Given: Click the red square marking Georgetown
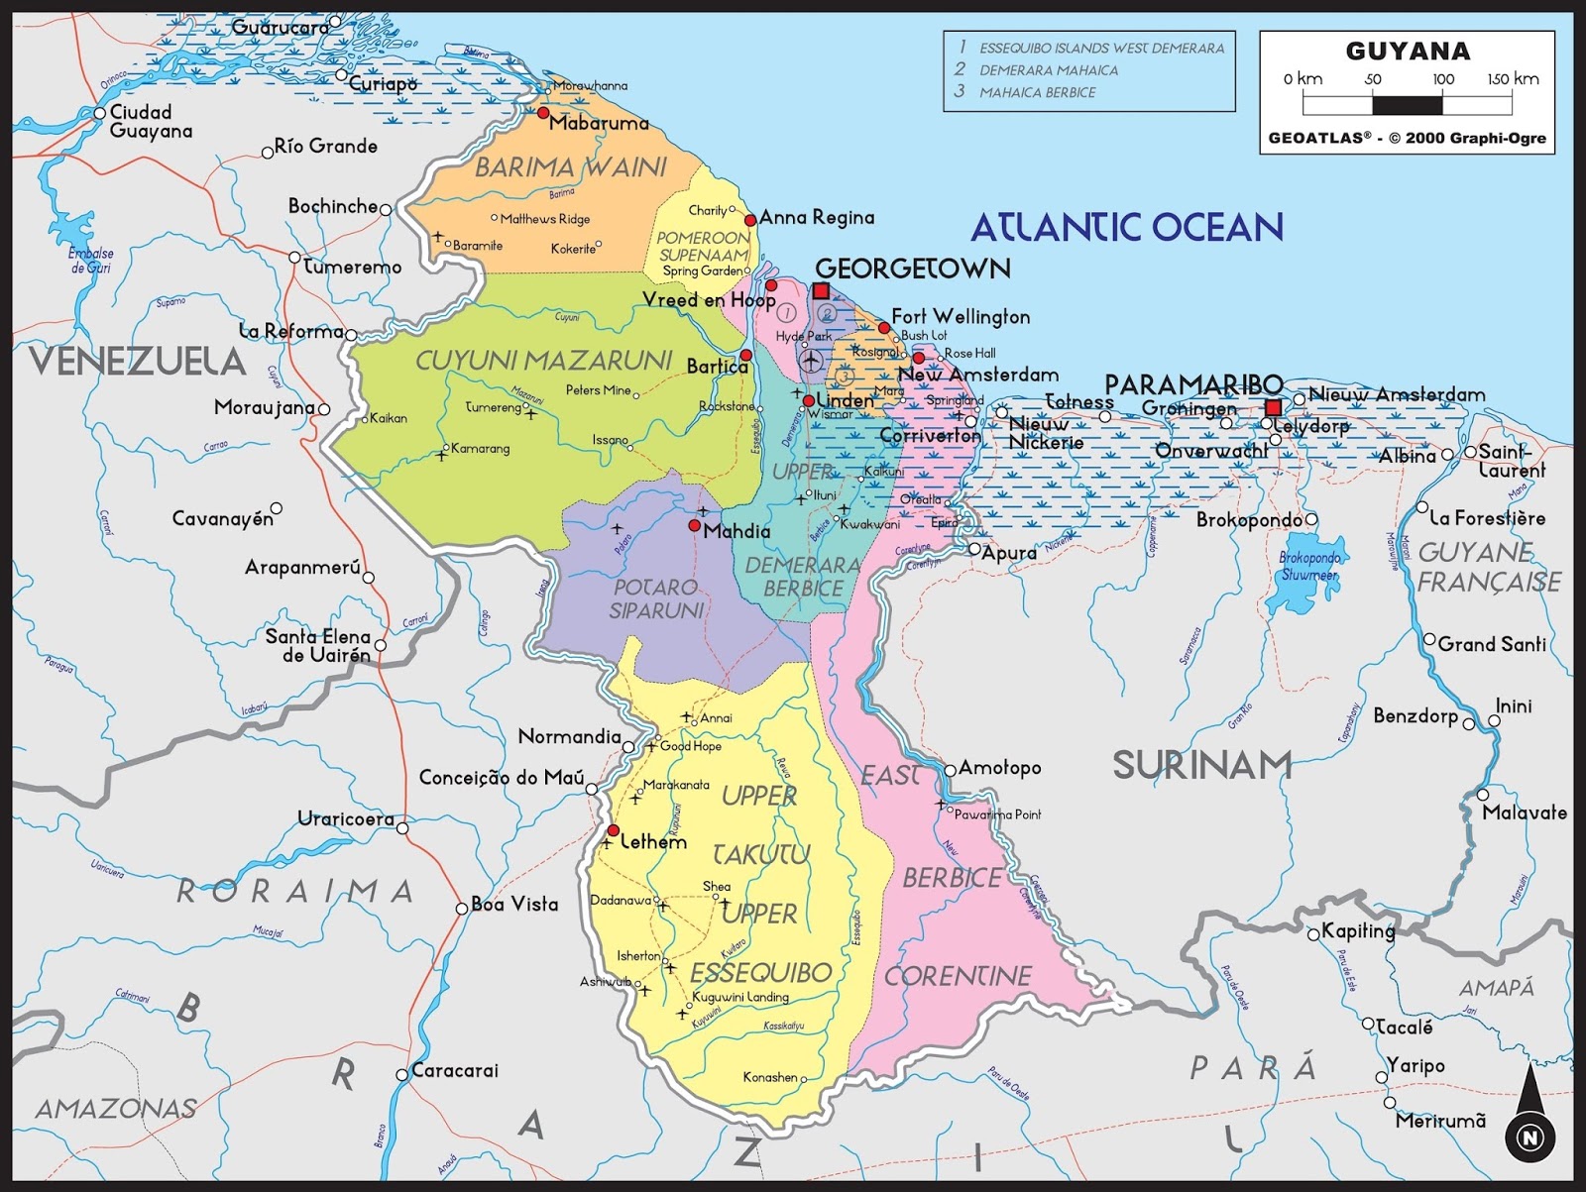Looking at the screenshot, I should click(821, 290).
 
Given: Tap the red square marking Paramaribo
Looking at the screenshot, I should click(1274, 407).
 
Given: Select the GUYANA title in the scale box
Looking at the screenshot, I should click(1407, 52).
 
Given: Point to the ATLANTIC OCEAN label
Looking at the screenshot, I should click(1126, 228).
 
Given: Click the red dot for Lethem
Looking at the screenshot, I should click(613, 830).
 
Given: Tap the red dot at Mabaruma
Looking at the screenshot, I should click(543, 113).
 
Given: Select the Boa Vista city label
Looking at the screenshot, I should click(514, 904).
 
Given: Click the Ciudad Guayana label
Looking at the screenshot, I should click(151, 122).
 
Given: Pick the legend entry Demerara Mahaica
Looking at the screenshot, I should click(1048, 70).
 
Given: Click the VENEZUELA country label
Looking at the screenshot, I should click(137, 362).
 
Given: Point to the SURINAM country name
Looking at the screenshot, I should click(1201, 766).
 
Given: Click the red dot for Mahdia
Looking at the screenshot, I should click(694, 525).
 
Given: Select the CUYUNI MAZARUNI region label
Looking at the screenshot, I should click(543, 361).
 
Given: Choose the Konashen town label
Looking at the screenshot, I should click(770, 1077).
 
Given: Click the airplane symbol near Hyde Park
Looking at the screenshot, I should click(811, 361).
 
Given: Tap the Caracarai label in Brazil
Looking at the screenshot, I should click(454, 1070).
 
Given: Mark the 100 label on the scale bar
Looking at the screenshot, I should click(1442, 79).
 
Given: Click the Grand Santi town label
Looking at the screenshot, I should click(1491, 644).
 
